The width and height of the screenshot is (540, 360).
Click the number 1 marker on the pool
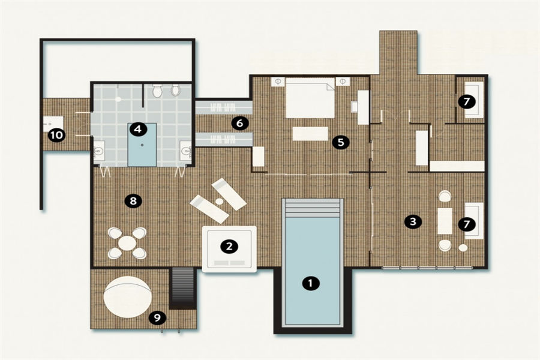point(311,283)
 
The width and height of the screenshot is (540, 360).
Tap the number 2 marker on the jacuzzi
point(229,247)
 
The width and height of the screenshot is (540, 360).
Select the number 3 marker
point(413,221)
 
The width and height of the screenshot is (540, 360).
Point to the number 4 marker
point(138,129)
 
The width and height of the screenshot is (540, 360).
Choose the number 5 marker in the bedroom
point(341,142)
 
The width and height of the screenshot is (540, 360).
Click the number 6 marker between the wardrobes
point(239,123)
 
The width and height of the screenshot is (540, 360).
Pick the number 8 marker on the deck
point(133,200)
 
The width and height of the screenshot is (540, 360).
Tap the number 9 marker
point(157,317)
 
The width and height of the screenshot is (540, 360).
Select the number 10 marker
point(56,134)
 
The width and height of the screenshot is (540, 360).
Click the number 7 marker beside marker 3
point(467,224)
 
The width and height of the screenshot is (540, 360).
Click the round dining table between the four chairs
point(127,243)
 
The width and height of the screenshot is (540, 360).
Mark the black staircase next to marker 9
point(182,288)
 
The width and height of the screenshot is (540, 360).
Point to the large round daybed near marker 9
point(127,297)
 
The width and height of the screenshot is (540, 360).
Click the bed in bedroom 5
point(310,98)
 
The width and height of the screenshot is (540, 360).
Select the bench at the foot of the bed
point(310,134)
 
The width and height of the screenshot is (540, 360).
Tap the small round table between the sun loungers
point(220,200)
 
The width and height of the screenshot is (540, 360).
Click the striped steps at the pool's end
point(313,209)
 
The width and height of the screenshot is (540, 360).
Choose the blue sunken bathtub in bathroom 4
point(142,145)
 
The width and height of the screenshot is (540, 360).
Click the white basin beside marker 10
point(53,124)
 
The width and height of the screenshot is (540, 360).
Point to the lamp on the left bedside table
point(278,82)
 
